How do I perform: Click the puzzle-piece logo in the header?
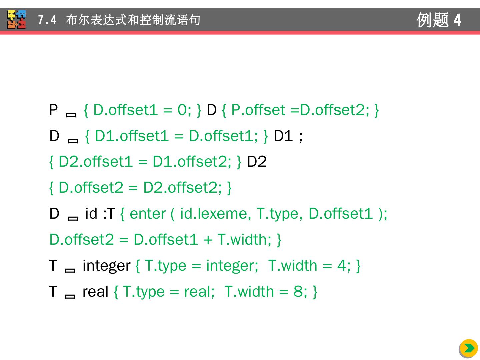click(17, 20)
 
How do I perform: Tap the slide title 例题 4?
click(439, 20)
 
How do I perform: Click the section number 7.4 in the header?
click(47, 20)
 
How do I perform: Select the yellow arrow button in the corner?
click(469, 348)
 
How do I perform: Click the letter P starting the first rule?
click(53, 110)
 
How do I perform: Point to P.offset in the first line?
click(258, 110)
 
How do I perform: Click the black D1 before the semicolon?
click(283, 136)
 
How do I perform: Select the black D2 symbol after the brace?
click(257, 162)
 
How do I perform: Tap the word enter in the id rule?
click(147, 214)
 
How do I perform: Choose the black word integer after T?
click(106, 266)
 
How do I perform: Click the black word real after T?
click(95, 292)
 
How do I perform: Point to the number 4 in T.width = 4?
click(341, 266)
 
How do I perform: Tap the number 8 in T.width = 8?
click(298, 292)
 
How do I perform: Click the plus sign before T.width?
click(208, 240)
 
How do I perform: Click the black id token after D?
click(91, 214)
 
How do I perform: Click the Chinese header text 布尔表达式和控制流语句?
click(133, 20)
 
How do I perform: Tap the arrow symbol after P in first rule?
click(71, 115)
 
